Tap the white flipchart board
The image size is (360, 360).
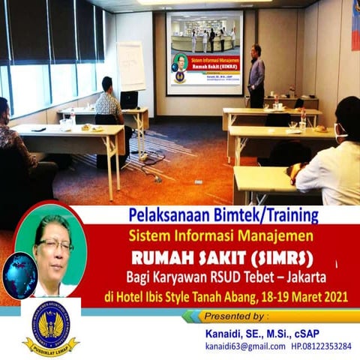tap(130, 66)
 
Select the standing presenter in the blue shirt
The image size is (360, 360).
tap(256, 76)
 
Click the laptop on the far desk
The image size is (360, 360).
tap(129, 99)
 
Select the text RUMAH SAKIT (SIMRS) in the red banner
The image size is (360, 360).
tap(223, 258)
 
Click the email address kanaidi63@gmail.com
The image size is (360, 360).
tap(245, 346)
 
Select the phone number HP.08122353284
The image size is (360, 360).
tap(319, 346)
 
